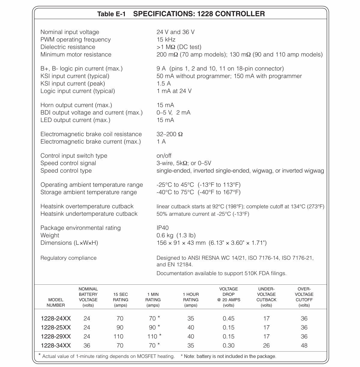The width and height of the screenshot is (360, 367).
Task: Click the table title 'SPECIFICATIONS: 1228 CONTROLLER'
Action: (199, 14)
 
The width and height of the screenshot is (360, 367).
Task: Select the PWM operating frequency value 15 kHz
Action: (166, 40)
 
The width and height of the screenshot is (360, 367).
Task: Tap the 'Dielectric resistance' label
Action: (68, 47)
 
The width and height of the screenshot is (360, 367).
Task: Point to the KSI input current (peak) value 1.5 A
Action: (163, 83)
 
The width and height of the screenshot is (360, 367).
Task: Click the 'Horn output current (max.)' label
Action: (76, 105)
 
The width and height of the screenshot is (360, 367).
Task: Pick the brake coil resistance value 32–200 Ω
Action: (169, 134)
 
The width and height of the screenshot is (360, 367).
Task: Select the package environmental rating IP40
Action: (163, 228)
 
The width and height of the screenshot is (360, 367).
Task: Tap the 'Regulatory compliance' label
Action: (68, 258)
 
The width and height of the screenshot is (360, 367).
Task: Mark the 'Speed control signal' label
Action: (68, 163)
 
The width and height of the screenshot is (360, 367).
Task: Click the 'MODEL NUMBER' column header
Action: (56, 302)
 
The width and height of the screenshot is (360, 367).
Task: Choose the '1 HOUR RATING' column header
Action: (191, 300)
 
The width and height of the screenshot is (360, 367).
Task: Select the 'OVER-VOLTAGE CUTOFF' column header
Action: (304, 297)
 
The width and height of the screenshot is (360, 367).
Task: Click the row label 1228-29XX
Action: (56, 336)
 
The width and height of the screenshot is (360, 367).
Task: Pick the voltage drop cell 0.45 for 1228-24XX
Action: (229, 318)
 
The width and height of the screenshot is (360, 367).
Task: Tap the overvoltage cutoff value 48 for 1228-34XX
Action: (304, 345)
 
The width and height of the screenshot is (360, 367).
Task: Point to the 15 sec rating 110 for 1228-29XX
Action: (118, 336)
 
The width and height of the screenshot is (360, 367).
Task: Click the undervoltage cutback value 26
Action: (266, 345)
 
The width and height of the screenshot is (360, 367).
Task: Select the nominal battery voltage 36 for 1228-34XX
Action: (87, 345)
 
